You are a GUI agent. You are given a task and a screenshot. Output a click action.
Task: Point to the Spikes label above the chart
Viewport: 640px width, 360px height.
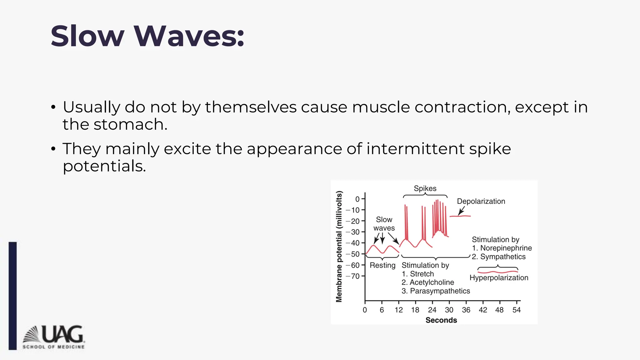[425, 188]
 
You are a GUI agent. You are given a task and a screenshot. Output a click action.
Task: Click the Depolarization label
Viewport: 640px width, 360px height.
[481, 201]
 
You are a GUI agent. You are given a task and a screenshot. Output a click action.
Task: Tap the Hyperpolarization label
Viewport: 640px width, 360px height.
[499, 278]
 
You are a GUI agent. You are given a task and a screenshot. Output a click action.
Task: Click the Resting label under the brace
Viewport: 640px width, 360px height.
[382, 265]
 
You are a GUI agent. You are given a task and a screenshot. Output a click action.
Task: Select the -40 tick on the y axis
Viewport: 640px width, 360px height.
[355, 243]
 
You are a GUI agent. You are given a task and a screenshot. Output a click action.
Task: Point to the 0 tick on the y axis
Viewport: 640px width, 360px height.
[357, 199]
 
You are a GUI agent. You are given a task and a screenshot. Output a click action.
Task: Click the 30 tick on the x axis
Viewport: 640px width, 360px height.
[449, 310]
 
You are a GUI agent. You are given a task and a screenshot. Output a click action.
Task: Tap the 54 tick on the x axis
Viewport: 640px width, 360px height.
[517, 310]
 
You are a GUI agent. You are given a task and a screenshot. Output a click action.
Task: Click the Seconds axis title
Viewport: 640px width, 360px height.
[441, 320]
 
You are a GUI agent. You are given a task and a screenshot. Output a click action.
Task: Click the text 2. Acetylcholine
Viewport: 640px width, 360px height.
[427, 282]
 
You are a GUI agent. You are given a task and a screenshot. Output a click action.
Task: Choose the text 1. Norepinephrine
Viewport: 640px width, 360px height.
[502, 248]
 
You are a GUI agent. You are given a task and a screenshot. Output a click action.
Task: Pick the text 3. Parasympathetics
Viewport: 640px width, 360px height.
[436, 291]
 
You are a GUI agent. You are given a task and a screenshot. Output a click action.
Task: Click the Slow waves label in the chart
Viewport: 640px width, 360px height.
[384, 224]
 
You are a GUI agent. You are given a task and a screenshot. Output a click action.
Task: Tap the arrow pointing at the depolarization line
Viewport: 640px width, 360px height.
[461, 211]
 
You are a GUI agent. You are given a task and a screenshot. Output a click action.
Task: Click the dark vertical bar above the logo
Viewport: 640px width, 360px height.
[12, 295]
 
